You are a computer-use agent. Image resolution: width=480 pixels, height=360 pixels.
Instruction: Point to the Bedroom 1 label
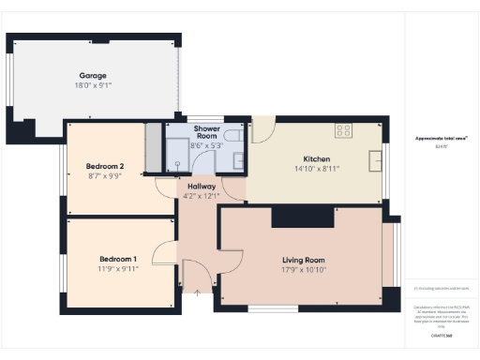click(x=118, y=258)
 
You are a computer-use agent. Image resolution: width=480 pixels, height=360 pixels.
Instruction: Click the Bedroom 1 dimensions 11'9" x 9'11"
click(x=118, y=269)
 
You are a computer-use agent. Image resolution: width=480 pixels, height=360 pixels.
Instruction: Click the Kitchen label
click(x=317, y=158)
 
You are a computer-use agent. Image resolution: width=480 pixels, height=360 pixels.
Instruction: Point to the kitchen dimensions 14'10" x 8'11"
click(x=317, y=170)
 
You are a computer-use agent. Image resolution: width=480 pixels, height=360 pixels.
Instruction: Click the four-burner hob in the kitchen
click(x=343, y=130)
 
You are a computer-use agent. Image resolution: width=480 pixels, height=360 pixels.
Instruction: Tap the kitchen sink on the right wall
click(x=375, y=159)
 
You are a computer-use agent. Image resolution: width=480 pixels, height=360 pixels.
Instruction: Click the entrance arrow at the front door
click(x=197, y=293)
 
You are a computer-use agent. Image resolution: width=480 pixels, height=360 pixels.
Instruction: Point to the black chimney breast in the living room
click(x=302, y=217)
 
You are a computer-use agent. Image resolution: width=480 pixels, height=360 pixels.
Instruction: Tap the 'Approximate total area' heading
click(x=442, y=139)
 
